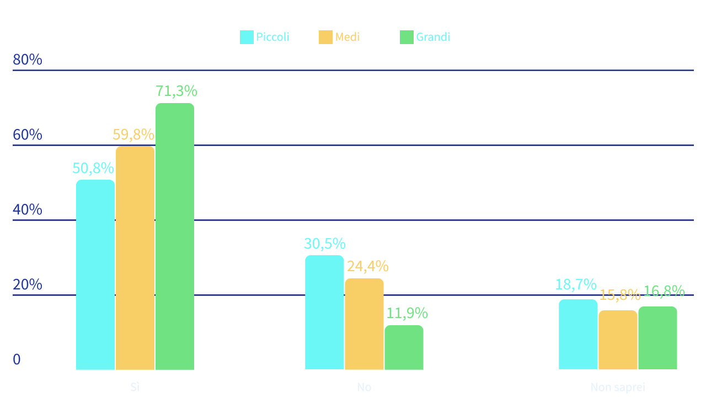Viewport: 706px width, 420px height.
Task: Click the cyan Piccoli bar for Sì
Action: pos(95,274)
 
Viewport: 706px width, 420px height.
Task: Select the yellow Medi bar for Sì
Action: pos(135,257)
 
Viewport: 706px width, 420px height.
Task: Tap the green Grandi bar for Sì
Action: pos(175,236)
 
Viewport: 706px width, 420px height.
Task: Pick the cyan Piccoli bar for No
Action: pos(324,312)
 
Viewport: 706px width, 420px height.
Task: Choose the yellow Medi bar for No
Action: pos(364,324)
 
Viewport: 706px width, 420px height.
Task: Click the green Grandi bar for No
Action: pos(404,347)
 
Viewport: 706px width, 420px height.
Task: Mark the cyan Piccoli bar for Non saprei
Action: pos(578,334)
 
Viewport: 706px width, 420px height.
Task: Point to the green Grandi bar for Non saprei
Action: pos(657,338)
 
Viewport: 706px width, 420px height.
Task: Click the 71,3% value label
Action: pos(176,91)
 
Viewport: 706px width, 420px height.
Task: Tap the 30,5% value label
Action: pos(324,244)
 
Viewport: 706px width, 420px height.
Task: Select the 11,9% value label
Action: pos(407,314)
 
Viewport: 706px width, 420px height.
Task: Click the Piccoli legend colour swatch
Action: pos(247,37)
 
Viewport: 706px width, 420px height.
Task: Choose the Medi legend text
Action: pos(347,37)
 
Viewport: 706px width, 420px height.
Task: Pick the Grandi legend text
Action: pos(433,37)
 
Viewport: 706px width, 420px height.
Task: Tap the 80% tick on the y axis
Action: pos(28,60)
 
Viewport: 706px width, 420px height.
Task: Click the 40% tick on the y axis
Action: pos(28,210)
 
